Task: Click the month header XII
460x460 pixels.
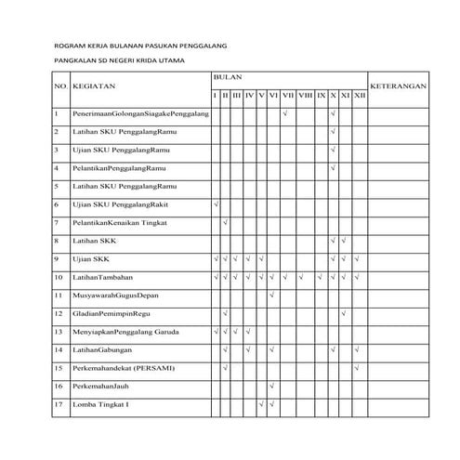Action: click(360, 95)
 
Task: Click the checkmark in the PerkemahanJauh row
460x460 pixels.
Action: click(271, 385)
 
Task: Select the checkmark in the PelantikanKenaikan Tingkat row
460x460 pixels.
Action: click(226, 222)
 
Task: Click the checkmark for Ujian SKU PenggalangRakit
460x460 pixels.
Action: click(215, 204)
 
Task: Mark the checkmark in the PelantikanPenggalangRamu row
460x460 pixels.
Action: click(333, 167)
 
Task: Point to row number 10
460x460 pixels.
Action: click(58, 276)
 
